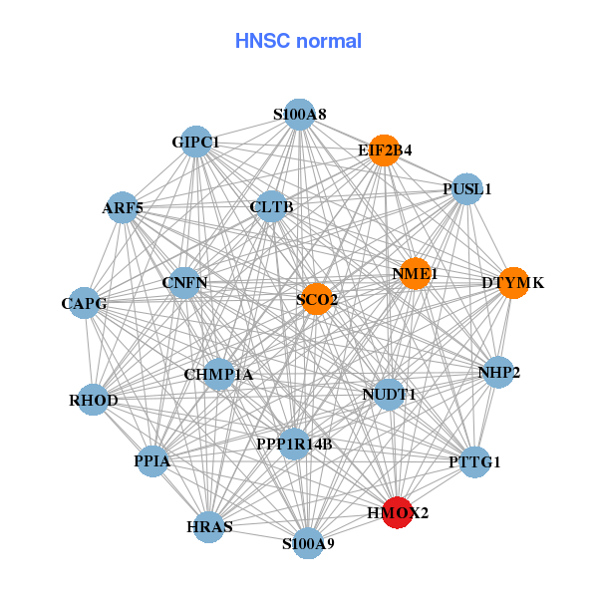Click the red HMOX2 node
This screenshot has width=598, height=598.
397,512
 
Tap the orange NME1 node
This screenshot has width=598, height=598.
415,273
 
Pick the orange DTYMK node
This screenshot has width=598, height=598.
512,283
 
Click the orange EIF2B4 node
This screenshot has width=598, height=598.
384,150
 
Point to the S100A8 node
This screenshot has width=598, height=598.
299,115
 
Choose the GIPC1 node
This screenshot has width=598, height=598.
196,143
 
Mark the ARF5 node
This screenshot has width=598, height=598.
122,207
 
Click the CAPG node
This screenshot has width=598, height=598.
85,303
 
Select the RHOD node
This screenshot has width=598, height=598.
94,401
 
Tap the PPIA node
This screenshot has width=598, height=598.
152,461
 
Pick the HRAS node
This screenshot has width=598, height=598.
208,526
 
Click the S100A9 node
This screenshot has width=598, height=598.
308,543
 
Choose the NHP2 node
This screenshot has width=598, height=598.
498,373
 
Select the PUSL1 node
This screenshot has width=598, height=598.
466,188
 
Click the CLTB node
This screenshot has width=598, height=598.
271,207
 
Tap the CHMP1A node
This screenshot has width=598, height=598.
218,375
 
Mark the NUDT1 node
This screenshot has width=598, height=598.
389,395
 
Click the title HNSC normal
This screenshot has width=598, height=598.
298,41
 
